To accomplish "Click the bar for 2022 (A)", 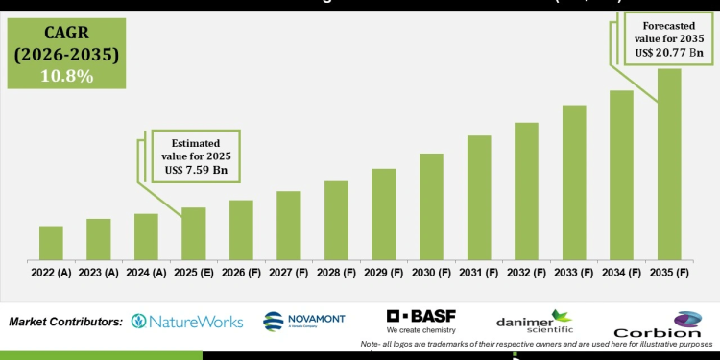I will click(x=51, y=242).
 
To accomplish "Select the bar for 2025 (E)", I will click(x=194, y=233).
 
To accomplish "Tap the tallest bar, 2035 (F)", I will click(x=669, y=163).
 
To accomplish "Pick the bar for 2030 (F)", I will click(x=431, y=205).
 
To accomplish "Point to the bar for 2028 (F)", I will click(x=336, y=220).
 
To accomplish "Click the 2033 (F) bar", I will click(x=574, y=181).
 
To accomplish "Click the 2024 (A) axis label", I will click(x=146, y=273).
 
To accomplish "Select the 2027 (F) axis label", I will click(x=289, y=273).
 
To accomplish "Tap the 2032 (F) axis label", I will click(x=526, y=273).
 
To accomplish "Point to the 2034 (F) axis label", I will click(x=621, y=273).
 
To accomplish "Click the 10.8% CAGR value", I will click(x=65, y=75).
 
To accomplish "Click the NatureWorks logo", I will click(x=186, y=322).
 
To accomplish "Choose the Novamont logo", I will click(x=301, y=322).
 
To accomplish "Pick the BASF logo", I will click(x=420, y=320).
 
